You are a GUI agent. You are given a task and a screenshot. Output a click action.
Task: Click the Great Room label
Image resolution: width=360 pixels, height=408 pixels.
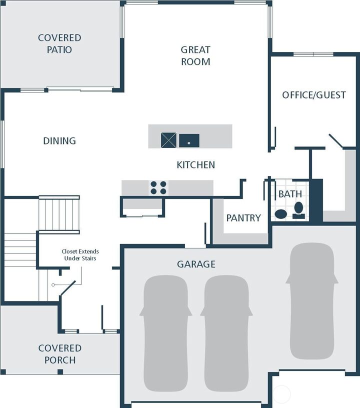coord(195,55)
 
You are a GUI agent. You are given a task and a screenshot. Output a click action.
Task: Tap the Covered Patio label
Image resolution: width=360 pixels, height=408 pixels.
coord(59,43)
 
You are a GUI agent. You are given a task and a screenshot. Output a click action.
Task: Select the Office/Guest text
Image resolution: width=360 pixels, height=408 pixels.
coord(313,95)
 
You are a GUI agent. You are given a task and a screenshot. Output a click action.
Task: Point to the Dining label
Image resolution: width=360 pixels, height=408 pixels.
coord(59,141)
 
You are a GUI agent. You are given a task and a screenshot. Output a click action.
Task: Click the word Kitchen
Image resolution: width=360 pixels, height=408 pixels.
coord(196,164)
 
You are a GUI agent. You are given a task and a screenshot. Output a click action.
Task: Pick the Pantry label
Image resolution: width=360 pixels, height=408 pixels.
coord(243,218)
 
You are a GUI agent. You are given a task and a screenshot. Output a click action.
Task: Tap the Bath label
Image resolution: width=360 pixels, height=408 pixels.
coord(290,193)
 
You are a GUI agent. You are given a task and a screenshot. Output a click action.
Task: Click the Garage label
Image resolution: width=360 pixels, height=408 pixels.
coord(196,264)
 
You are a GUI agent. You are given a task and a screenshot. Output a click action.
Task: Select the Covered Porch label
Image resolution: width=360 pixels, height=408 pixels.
coord(59,353)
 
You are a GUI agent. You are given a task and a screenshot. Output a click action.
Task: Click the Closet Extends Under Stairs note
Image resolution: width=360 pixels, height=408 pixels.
coord(80,255)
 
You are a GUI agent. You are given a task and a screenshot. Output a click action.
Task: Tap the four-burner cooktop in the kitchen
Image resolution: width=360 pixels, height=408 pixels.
coord(158,188)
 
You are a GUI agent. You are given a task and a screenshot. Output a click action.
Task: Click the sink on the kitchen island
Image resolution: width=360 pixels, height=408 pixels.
coord(189,140)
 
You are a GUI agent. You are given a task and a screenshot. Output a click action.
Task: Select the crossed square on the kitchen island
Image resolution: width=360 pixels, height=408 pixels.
coord(168,140)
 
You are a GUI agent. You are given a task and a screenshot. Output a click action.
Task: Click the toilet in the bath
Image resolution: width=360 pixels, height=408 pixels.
coord(298,209)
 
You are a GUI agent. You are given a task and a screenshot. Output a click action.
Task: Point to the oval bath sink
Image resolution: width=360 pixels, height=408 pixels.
coord(281,214)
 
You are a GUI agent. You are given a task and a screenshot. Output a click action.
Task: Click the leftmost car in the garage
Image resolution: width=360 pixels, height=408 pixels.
coord(165,332)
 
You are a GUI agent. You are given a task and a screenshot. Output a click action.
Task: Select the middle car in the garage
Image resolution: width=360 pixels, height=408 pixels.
coord(226,332)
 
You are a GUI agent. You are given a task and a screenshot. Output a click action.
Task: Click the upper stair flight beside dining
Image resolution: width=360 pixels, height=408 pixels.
coord(59,214)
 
